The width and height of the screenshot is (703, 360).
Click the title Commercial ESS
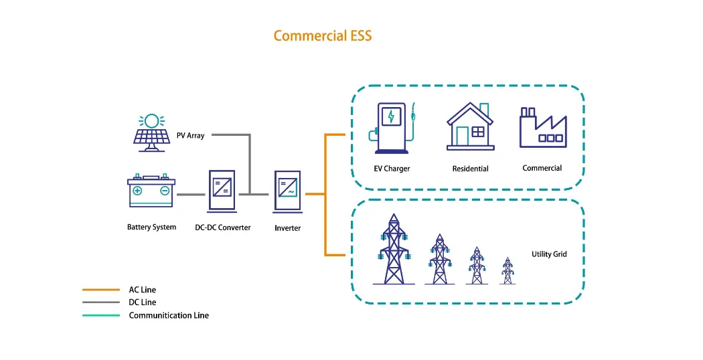(323, 35)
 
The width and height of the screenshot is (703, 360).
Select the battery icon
(151, 191)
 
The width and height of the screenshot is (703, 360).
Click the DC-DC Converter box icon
(222, 194)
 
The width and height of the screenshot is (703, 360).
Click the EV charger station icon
(392, 128)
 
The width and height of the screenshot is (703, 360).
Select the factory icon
(542, 128)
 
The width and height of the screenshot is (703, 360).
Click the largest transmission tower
(394, 250)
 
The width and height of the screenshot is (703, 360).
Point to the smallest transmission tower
(507, 271)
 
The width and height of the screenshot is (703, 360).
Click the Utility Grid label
(549, 254)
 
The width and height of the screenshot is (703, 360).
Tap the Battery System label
(151, 228)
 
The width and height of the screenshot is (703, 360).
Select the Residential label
(470, 169)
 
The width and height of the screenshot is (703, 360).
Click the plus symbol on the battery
(137, 191)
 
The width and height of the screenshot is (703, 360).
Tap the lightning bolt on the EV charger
(392, 116)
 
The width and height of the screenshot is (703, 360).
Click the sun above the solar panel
(151, 120)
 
